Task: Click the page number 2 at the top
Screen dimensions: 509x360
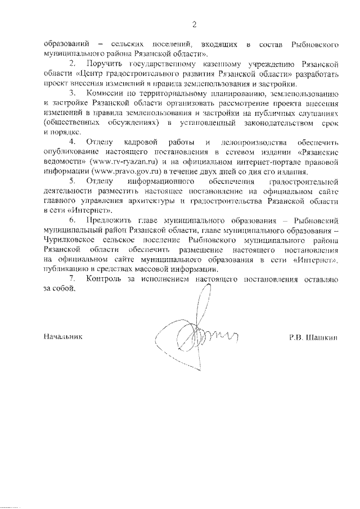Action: pos(194,24)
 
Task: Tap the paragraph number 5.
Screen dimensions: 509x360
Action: pos(72,182)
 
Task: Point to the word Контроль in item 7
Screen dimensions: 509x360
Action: pos(105,279)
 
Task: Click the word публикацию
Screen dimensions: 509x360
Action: pos(59,269)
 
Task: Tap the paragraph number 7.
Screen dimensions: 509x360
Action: pos(72,279)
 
